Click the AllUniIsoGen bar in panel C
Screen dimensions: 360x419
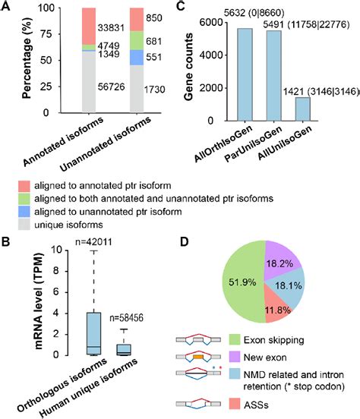[x=302, y=109]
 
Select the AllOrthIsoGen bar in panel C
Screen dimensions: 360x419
[x=245, y=74]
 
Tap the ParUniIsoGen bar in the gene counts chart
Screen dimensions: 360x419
[x=273, y=76]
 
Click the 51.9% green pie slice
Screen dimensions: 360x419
[x=243, y=282]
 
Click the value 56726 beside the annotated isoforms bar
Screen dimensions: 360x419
[x=111, y=87]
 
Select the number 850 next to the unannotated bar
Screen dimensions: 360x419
[x=154, y=18]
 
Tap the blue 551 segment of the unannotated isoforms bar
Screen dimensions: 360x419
[x=137, y=57]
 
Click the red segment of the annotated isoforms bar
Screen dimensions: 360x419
[x=89, y=26]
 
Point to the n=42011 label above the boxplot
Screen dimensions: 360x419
[x=93, y=242]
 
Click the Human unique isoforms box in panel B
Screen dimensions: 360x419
[x=125, y=349]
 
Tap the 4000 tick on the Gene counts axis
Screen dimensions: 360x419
[x=211, y=55]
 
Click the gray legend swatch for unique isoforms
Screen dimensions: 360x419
[x=24, y=225]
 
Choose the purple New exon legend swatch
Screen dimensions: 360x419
[x=235, y=357]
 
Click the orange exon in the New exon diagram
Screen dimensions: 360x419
[x=198, y=357]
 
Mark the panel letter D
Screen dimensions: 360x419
[x=184, y=242]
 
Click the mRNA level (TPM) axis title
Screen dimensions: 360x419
[x=39, y=301]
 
